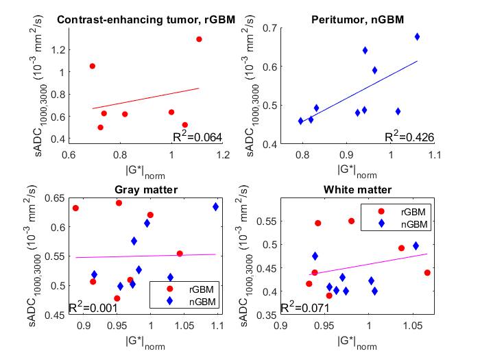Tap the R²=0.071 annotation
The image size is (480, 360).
(x=303, y=307)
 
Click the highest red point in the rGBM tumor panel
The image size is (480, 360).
(x=199, y=39)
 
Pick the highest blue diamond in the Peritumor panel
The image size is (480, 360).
(x=417, y=36)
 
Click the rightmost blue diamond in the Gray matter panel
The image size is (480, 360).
(x=215, y=206)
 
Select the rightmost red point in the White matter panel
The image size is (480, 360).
(x=427, y=272)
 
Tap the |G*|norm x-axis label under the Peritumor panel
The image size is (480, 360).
(x=357, y=169)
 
